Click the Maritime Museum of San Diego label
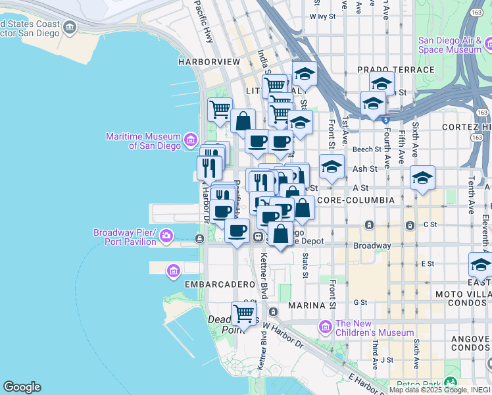[143, 141]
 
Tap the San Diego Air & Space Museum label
[450, 45]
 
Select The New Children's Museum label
[374, 328]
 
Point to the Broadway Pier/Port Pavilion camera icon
[166, 235]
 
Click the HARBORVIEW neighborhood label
[209, 61]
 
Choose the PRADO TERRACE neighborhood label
[395, 70]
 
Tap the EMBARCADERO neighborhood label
[219, 284]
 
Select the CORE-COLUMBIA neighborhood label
[355, 199]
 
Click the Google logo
[22, 387]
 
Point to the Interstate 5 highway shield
[385, 119]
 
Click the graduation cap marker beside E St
[480, 265]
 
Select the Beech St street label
[367, 149]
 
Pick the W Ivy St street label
[322, 15]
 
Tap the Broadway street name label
[372, 246]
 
